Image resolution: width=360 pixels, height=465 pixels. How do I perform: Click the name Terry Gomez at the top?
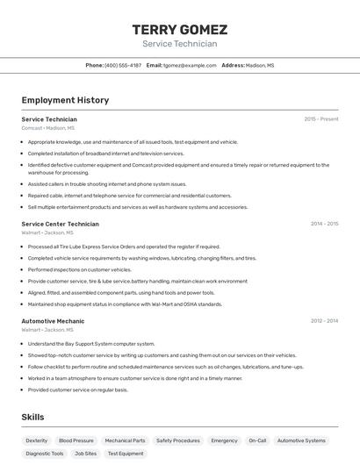point(179,29)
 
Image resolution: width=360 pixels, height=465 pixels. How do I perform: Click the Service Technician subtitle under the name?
point(179,44)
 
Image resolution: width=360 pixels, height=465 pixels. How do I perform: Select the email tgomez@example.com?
point(188,65)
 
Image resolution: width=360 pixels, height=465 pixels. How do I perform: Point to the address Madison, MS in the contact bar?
point(260,65)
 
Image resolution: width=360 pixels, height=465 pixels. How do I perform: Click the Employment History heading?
point(65,100)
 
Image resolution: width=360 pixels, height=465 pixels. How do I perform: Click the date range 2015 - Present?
point(321,119)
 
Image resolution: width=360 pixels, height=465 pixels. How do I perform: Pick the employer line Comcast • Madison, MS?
point(50,128)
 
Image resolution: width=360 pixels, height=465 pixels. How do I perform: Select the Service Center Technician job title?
point(60,224)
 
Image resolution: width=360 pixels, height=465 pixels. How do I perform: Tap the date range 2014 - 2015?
point(324,224)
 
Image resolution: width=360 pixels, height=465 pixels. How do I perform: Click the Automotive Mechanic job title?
point(53,321)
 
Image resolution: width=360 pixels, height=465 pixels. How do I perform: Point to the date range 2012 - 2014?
point(324,321)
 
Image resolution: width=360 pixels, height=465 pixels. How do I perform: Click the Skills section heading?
point(32,417)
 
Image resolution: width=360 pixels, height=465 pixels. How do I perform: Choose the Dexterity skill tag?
point(37,440)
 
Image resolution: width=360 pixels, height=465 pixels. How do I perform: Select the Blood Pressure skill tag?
point(76,440)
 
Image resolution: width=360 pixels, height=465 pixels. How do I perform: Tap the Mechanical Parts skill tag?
point(126,440)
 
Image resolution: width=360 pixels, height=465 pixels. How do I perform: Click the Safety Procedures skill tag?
point(178,440)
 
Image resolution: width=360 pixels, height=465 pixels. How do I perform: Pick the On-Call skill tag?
point(257,440)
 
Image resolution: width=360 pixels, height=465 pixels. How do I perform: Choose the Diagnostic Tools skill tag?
point(45,454)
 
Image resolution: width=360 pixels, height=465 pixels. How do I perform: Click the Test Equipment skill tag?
point(126,454)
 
